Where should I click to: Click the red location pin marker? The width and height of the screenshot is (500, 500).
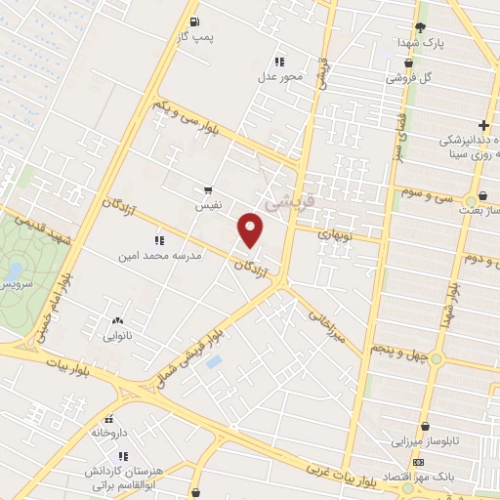coord(252,229)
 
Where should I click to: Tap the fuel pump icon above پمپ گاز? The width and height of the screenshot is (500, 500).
coord(195,21)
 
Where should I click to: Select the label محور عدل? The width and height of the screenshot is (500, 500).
coord(281,76)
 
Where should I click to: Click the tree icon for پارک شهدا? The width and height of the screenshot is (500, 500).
coord(420,27)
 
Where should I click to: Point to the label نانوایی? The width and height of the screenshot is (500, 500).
coord(120,336)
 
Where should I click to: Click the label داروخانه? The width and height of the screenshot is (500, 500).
coord(110,431)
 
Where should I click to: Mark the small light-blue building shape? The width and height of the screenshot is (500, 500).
coord(215,362)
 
